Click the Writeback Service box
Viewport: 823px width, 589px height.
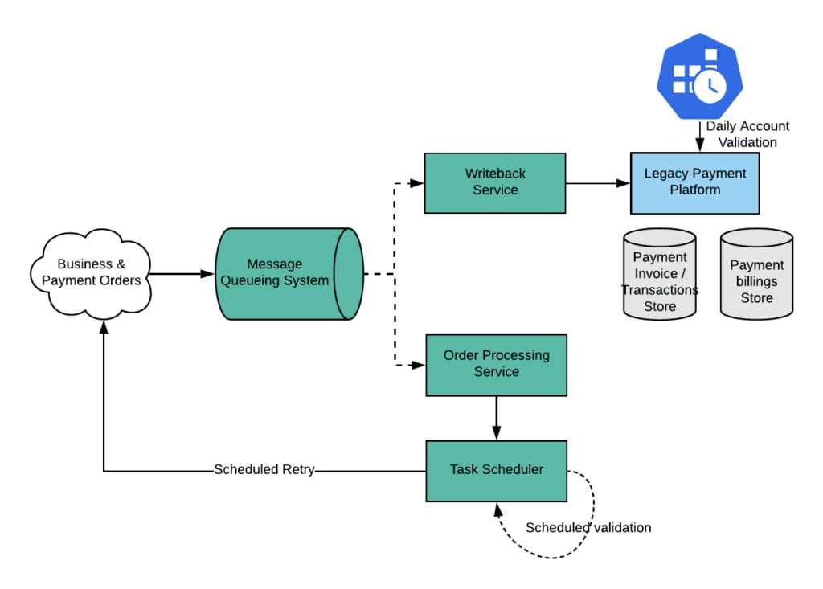tap(494, 182)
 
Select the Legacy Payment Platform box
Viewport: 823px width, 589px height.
tap(694, 182)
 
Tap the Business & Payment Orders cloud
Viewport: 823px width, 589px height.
tap(91, 272)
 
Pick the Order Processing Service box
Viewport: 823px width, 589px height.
tap(496, 364)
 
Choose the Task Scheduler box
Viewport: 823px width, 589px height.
tap(496, 470)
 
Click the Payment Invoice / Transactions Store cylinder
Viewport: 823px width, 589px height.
tap(660, 274)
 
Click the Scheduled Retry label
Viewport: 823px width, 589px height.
tap(264, 470)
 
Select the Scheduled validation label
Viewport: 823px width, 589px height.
tap(588, 527)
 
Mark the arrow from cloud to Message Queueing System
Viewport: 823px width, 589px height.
tap(182, 274)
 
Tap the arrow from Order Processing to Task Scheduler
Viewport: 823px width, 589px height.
tap(496, 418)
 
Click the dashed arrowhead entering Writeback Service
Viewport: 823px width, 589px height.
tap(416, 183)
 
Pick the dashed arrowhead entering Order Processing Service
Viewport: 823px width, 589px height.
tap(417, 365)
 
